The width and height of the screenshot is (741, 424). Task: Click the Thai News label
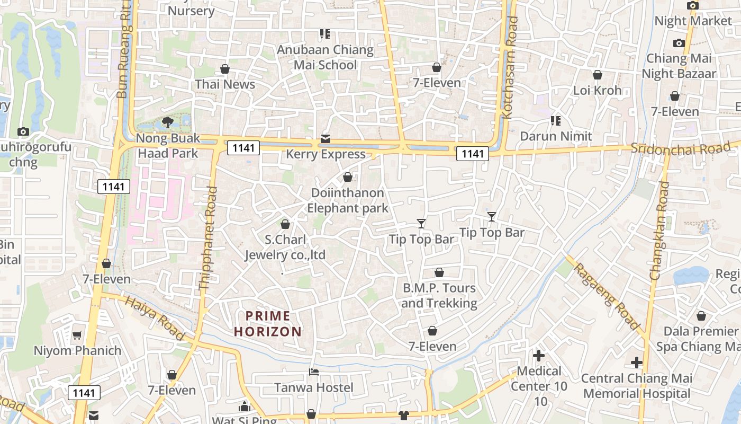click(x=225, y=84)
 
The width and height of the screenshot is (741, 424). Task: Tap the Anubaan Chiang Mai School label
click(x=326, y=58)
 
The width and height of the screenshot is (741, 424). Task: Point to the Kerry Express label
click(x=326, y=154)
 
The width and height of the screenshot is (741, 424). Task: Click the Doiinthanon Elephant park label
click(x=348, y=200)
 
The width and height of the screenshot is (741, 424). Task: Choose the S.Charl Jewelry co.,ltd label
click(x=285, y=248)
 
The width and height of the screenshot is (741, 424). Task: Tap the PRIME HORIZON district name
click(x=268, y=324)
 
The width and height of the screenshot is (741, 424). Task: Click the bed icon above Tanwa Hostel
click(x=314, y=372)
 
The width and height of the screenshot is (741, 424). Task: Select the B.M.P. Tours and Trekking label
click(x=439, y=296)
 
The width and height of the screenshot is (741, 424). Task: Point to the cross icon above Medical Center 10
click(x=539, y=355)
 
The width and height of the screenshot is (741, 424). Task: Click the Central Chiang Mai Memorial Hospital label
click(x=637, y=386)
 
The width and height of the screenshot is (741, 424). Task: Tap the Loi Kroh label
click(x=598, y=90)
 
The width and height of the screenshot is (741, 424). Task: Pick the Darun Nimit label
click(x=556, y=136)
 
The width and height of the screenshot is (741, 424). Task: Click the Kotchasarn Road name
click(x=511, y=67)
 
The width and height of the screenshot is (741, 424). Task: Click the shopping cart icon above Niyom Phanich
click(x=77, y=335)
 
